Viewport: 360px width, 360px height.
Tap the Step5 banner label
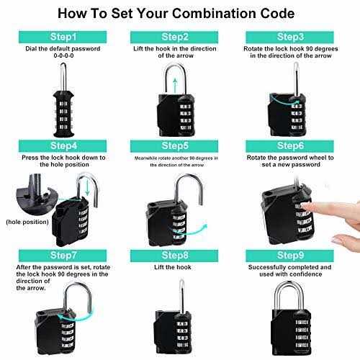coord(181,145)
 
